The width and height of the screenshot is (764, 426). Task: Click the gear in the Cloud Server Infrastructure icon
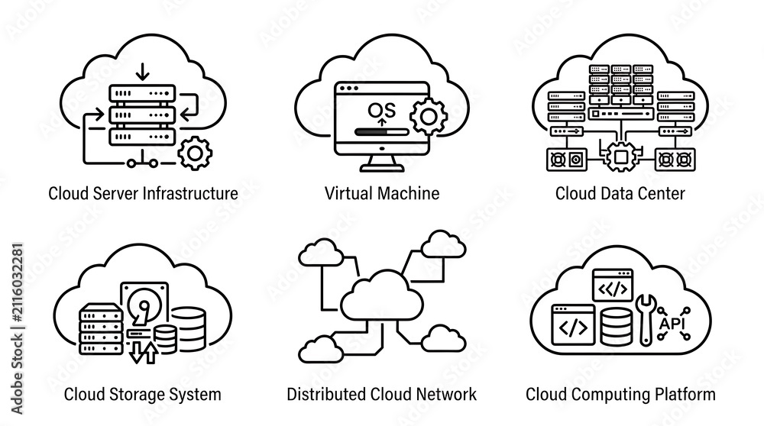tap(195, 153)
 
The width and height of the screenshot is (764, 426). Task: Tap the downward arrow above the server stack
tap(142, 71)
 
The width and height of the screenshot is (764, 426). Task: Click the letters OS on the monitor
tap(382, 110)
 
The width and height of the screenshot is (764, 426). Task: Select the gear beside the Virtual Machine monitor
tap(429, 117)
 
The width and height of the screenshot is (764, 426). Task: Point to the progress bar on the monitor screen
tap(382, 131)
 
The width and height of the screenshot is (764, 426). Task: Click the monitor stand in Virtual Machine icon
tap(382, 163)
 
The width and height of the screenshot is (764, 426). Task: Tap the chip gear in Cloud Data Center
tap(620, 157)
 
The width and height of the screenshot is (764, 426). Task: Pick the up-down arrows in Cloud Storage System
tap(144, 352)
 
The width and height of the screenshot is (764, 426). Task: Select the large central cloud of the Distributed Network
tap(381, 297)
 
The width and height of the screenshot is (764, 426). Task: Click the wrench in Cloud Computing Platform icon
tap(646, 319)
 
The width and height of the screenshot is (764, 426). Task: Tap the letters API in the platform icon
tap(672, 323)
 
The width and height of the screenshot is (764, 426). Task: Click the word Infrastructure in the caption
tap(190, 193)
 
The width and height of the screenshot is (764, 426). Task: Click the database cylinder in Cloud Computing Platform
tap(616, 327)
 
